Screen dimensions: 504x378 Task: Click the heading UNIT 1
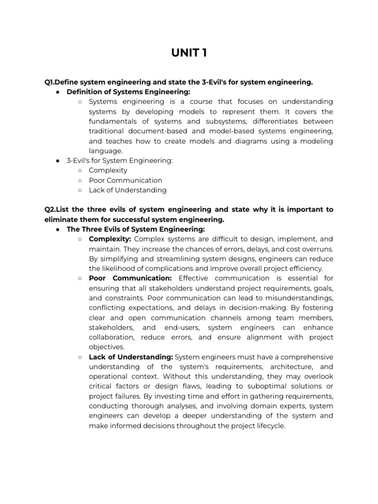[189, 53]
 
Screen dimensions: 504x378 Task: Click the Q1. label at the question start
[51, 82]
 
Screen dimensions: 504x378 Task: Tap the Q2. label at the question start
[51, 210]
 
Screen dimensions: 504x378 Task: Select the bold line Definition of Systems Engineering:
[128, 92]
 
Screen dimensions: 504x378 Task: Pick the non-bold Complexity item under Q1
[108, 170]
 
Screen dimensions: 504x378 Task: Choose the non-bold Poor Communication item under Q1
[125, 180]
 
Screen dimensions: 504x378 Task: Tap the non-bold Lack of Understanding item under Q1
[127, 190]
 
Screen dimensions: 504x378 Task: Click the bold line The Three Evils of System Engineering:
[135, 229]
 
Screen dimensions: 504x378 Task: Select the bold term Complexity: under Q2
[110, 239]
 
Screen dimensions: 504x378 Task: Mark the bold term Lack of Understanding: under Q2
[130, 357]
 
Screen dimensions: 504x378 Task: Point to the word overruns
[316, 249]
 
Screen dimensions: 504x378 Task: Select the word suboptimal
[265, 387]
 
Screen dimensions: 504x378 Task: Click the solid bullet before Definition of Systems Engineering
[58, 92]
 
